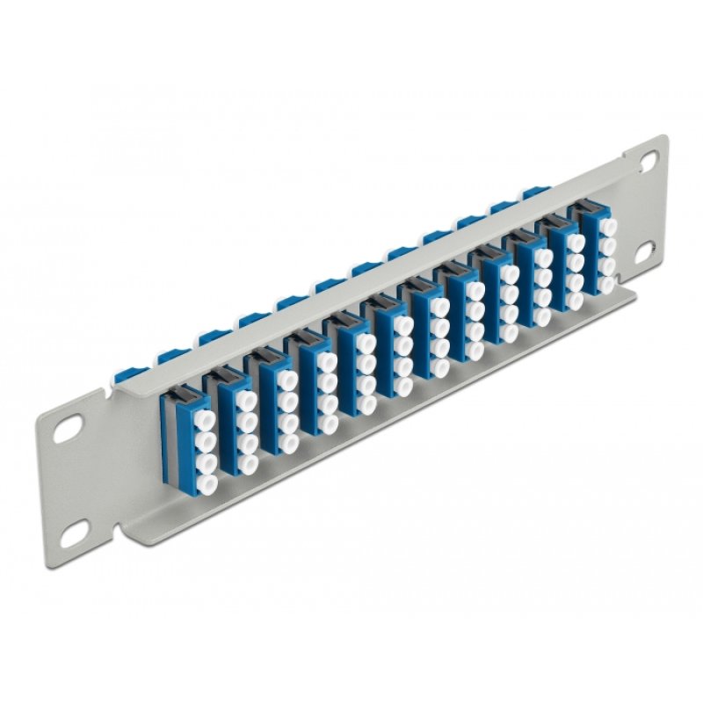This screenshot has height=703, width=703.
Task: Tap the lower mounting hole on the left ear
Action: [x=78, y=528]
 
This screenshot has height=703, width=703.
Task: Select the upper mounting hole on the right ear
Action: [x=648, y=160]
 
